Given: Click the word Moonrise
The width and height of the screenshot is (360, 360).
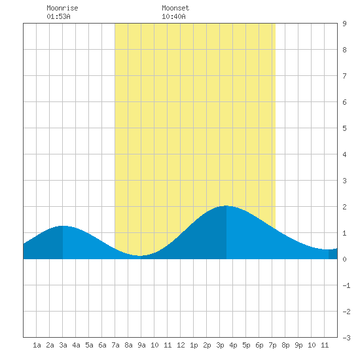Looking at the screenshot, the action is tap(62, 8).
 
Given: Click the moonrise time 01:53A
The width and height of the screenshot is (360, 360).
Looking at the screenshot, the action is tap(58, 16).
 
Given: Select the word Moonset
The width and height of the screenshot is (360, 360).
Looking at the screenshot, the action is tap(175, 8).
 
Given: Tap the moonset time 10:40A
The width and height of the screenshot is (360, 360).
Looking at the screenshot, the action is tap(173, 16).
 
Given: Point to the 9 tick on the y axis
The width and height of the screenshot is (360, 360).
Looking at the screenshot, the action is tap(344, 24).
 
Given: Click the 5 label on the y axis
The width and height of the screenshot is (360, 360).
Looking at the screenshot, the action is tap(344, 128).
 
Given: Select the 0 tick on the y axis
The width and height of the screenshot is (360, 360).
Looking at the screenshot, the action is tap(344, 259).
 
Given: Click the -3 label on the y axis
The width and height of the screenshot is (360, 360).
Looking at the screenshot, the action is tap(346, 338).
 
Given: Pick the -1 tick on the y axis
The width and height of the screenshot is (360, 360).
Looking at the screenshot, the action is tap(346, 285).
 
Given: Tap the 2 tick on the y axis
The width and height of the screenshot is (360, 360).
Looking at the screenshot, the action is tap(344, 207).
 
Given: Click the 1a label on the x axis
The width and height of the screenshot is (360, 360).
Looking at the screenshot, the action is tap(37, 345).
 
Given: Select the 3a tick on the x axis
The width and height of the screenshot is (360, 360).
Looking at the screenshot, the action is tap(63, 345).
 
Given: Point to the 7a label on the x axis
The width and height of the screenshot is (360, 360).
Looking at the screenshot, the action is tap(115, 345).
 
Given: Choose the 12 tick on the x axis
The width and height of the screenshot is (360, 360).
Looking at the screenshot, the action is tap(181, 345).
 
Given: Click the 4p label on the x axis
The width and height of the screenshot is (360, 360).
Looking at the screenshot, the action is tap(233, 345).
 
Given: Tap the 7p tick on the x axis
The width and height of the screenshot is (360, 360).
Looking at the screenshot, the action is tap(272, 345).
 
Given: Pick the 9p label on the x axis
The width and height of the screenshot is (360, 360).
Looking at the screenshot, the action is tap(298, 345).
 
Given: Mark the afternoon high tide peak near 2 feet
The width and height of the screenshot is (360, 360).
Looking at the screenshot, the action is tap(226, 206).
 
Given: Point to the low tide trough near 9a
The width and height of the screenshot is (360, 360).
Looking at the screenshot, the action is tap(139, 255).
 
